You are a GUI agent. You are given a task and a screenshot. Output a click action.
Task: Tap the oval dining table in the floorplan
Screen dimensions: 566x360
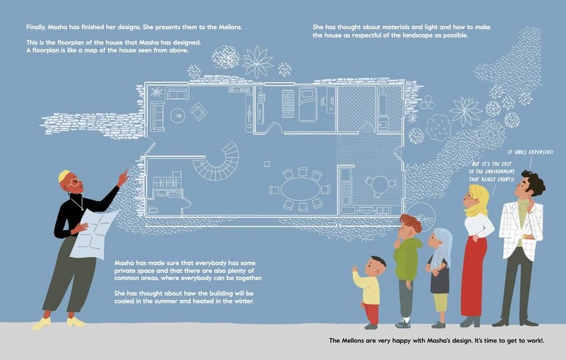coord(301,190)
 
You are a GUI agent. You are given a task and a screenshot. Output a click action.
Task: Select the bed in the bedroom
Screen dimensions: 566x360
coord(308,104)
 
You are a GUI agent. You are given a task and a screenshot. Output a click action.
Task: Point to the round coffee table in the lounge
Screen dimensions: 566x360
coord(178,116)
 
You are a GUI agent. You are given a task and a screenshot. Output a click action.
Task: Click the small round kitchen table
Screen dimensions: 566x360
coord(380,185)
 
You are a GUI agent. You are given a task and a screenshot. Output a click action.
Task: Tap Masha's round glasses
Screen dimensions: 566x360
coord(74,183)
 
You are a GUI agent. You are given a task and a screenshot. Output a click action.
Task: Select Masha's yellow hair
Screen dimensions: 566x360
coord(64,175)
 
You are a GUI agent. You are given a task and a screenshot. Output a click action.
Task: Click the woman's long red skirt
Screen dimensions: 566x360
coord(473,276)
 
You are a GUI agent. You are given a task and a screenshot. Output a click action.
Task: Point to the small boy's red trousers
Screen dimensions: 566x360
coord(372,313)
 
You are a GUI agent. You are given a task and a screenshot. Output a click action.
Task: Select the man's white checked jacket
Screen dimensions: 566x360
coord(521,229)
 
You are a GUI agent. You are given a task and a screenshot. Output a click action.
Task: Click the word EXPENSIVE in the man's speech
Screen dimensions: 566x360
coord(541,152)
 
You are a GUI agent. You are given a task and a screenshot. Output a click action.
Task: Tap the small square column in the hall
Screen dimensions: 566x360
coord(267,164)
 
